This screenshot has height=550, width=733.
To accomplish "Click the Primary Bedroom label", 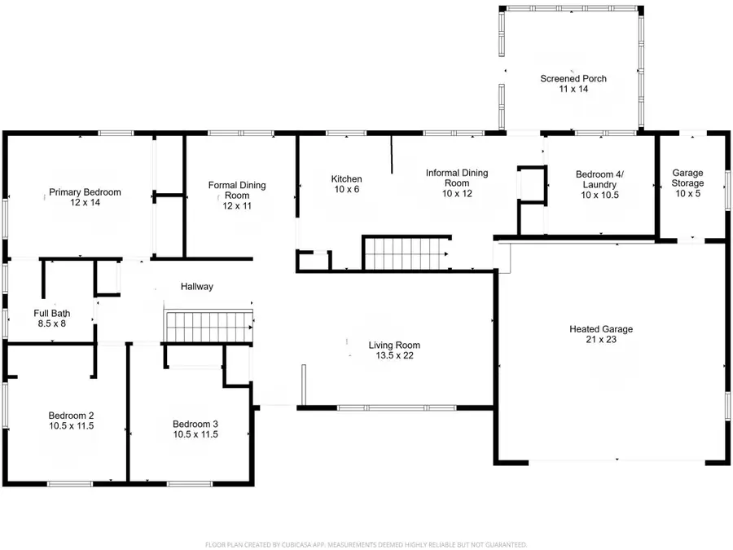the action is click(x=85, y=191).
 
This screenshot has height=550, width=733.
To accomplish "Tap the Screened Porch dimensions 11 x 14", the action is click(x=573, y=89).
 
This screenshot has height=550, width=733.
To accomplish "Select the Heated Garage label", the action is click(x=601, y=329).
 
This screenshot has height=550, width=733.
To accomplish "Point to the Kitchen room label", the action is click(x=346, y=178).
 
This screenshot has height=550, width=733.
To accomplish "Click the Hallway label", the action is click(x=197, y=286).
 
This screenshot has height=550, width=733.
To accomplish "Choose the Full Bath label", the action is click(x=52, y=314).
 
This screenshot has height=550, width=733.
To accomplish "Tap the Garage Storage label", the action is click(x=687, y=178).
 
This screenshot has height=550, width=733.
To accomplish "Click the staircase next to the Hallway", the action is click(x=209, y=327).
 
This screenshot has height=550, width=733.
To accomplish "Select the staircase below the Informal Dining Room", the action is click(x=406, y=254).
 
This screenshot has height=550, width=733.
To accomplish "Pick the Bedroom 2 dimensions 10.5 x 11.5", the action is click(x=72, y=426).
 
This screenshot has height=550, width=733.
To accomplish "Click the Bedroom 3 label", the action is click(x=195, y=425).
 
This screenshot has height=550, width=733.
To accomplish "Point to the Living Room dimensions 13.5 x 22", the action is click(x=394, y=355).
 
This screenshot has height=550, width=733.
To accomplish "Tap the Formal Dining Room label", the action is click(x=237, y=191).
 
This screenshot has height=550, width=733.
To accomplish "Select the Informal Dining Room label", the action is click(x=457, y=178).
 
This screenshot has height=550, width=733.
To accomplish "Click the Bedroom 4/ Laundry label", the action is click(x=599, y=179).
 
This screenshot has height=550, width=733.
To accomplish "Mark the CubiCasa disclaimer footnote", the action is click(x=366, y=545).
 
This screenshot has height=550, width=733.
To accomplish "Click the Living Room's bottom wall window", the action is click(x=397, y=408).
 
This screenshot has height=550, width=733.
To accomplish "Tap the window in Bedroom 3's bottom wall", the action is click(x=190, y=483).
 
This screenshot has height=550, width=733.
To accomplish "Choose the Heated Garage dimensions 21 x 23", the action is click(x=601, y=340).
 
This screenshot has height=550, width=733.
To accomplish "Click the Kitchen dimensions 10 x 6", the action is click(x=346, y=189).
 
